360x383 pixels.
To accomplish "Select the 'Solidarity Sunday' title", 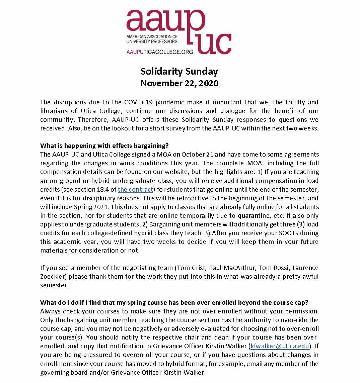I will coord(179,71).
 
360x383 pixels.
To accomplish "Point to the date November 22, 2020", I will coord(179,83).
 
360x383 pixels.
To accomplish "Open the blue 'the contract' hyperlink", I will coord(135,189).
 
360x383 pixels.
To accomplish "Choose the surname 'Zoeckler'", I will coord(53,276).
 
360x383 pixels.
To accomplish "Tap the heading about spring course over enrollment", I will coord(174,302).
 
